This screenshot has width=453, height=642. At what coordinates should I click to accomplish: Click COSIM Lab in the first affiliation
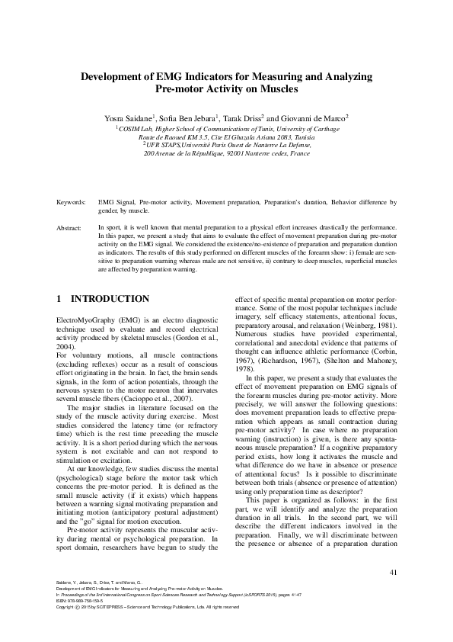(x=138, y=130)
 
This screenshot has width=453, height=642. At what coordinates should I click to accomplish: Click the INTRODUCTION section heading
(x=110, y=299)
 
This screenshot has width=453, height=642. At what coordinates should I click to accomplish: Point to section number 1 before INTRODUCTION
(x=60, y=299)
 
